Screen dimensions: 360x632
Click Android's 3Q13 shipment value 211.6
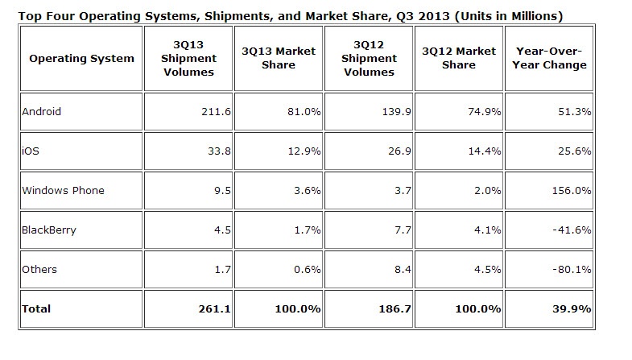216,113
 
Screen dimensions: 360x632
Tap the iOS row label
30,151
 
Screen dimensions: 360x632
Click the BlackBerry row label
49,230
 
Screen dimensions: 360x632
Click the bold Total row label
37,308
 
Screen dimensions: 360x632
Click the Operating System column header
81,58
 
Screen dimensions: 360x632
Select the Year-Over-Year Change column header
549,58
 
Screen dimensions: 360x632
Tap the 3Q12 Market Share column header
458,58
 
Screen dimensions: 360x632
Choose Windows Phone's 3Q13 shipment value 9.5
221,191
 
